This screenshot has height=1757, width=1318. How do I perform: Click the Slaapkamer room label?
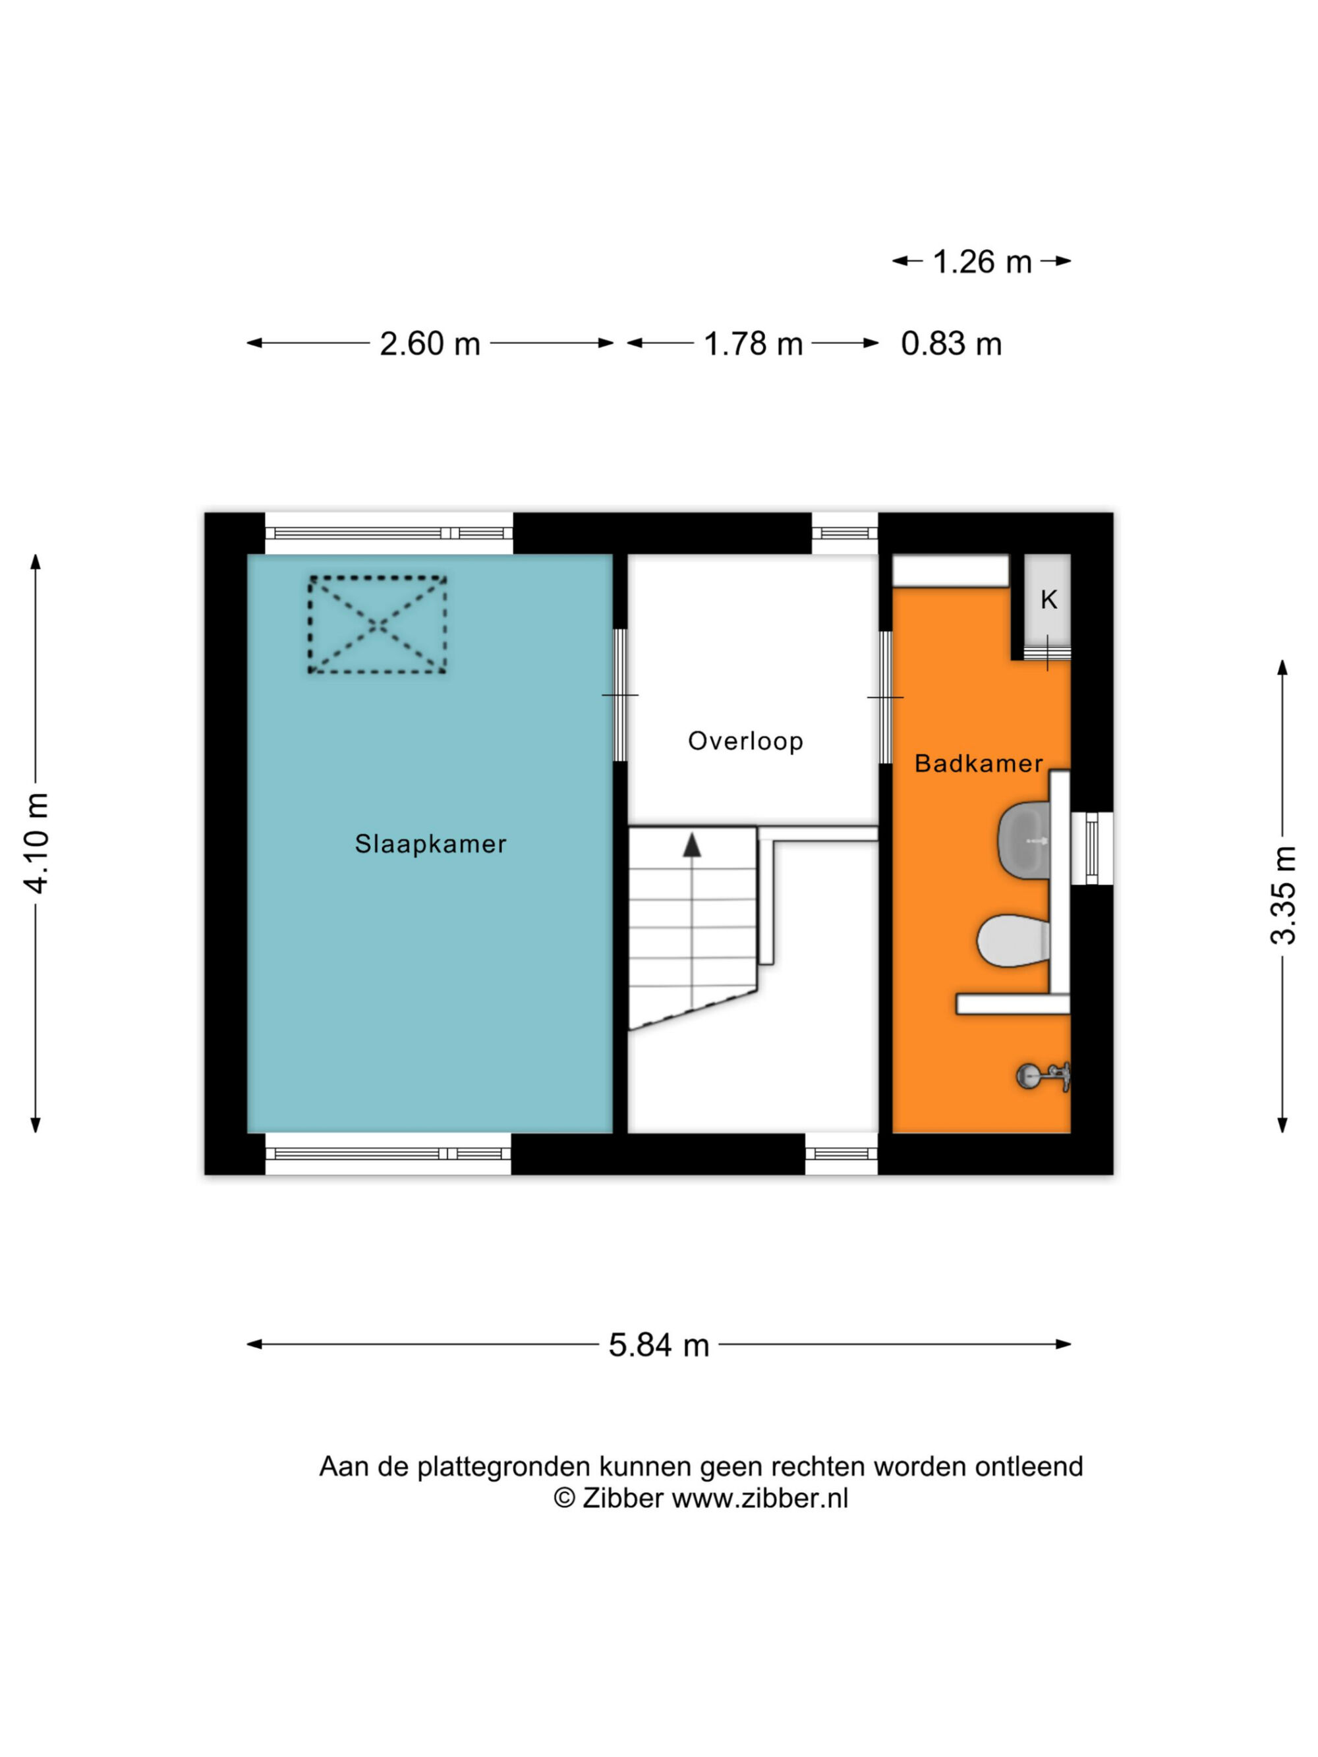(430, 843)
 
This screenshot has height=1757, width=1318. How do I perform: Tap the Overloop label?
(745, 741)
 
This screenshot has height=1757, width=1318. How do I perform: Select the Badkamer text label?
(979, 764)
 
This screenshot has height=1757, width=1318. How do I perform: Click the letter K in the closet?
(1048, 600)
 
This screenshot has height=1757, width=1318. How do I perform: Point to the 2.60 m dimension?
(430, 344)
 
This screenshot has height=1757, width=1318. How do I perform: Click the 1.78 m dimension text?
(753, 344)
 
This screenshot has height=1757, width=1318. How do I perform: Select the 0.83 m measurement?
(951, 344)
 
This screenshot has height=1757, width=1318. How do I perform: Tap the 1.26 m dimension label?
(982, 262)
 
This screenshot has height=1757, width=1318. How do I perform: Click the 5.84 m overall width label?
(658, 1345)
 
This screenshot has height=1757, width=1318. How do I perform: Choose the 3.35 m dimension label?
(1283, 895)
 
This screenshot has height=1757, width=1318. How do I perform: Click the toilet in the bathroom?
(1014, 941)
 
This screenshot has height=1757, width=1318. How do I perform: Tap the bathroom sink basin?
(1024, 841)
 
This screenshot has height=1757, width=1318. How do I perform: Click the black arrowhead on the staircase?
(692, 845)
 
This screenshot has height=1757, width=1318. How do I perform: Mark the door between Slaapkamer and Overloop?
(619, 696)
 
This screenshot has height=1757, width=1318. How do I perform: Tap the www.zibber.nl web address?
(760, 1498)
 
